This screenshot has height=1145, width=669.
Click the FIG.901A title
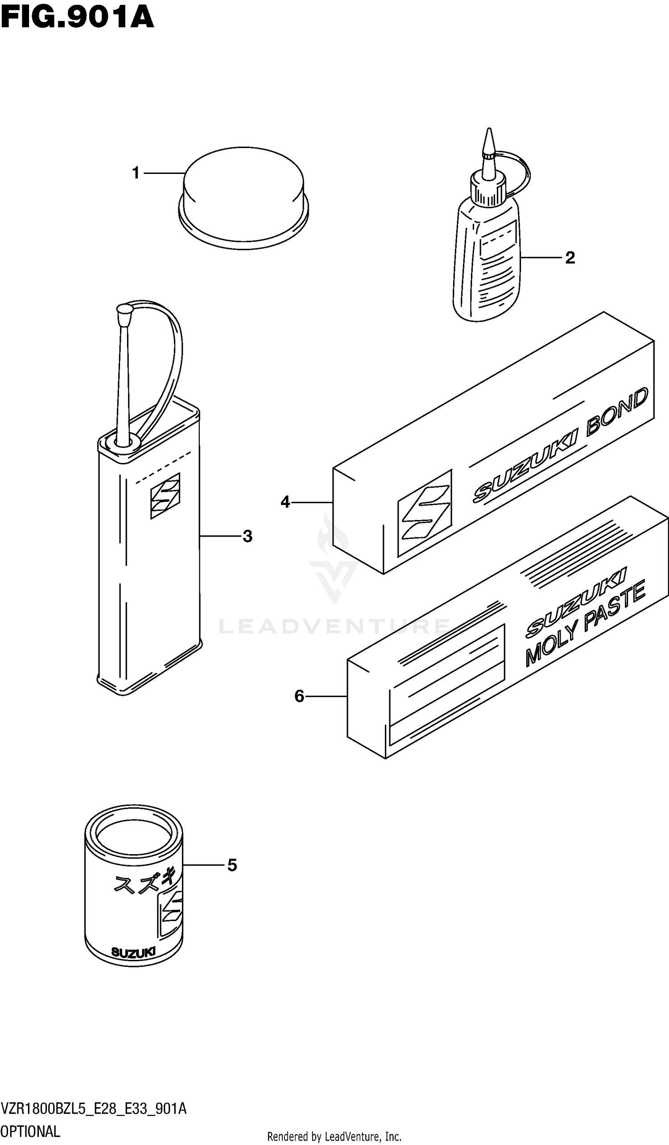click(x=77, y=18)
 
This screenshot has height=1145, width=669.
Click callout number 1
click(x=135, y=173)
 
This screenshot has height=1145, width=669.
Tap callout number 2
click(x=570, y=258)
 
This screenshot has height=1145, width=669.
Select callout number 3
click(x=247, y=536)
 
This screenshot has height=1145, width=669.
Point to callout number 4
click(x=285, y=502)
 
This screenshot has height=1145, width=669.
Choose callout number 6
click(x=299, y=696)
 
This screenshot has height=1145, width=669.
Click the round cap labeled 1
click(x=244, y=198)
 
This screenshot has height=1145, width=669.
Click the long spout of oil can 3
click(x=123, y=375)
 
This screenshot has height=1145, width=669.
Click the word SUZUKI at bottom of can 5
click(x=133, y=952)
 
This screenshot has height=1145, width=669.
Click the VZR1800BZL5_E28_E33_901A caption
click(x=94, y=1110)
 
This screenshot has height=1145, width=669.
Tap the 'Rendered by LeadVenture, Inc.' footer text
click(x=334, y=1137)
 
